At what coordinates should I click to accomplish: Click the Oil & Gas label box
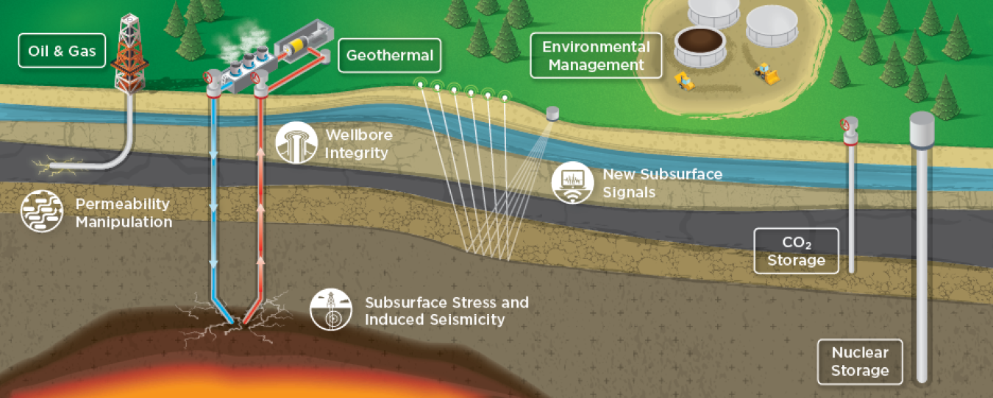point(62,51)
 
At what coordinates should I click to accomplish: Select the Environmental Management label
point(596,56)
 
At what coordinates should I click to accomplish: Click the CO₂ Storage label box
point(796,250)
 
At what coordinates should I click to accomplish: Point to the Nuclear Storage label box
point(860,361)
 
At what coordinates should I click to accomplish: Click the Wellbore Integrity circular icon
point(296,142)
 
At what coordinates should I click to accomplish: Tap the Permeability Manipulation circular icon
point(41,212)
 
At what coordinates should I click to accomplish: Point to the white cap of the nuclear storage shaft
point(922,128)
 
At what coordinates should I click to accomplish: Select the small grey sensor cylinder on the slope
point(553,113)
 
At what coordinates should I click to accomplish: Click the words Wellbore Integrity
point(358,144)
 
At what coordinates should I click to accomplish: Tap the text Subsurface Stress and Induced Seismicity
point(446,311)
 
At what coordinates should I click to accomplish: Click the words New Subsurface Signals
point(662,183)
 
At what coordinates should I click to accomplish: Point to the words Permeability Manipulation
point(124,213)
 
